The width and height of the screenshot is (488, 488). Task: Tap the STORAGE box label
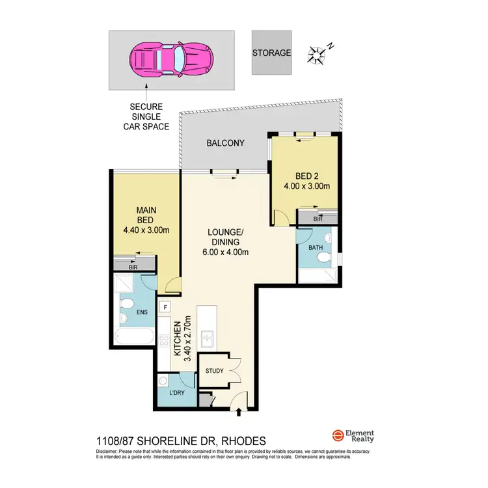pyautogui.click(x=272, y=53)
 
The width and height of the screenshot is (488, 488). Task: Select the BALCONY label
pyautogui.click(x=225, y=143)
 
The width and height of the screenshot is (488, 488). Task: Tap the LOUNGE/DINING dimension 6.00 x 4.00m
pyautogui.click(x=225, y=253)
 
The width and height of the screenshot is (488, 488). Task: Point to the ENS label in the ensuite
pyautogui.click(x=142, y=312)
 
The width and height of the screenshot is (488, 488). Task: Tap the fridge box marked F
pyautogui.click(x=166, y=307)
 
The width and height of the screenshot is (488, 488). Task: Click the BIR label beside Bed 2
pyautogui.click(x=318, y=219)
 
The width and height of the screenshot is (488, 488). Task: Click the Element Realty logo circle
pyautogui.click(x=338, y=436)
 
